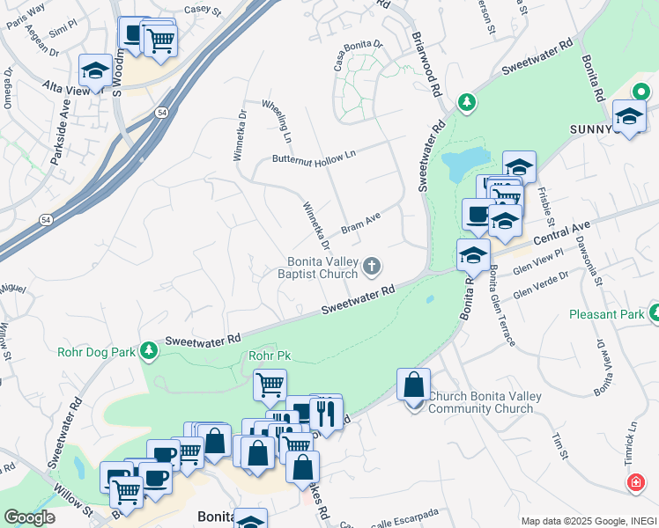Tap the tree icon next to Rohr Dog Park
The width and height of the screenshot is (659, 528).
tap(149, 352)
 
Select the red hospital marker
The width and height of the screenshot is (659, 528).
tap(634, 483)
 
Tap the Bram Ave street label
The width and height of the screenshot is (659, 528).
tap(360, 221)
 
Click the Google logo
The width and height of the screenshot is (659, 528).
tap(29, 517)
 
